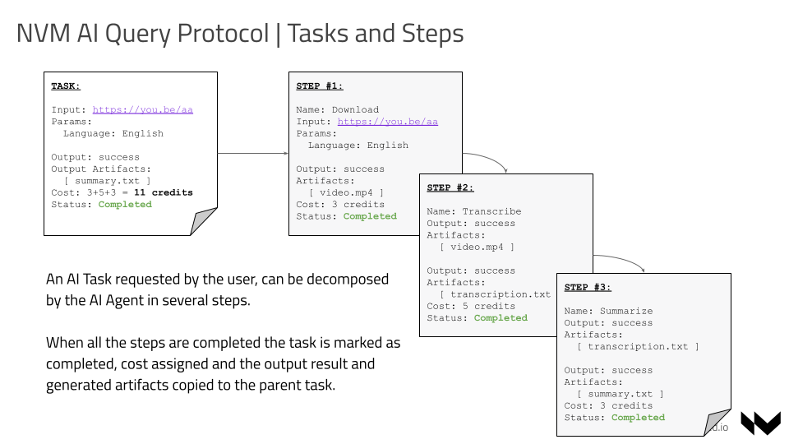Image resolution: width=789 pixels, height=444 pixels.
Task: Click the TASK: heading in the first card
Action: click(66, 86)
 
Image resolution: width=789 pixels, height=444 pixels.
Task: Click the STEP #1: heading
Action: click(320, 86)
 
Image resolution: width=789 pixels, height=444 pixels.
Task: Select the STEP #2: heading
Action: click(450, 187)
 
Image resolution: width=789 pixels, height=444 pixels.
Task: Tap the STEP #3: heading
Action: click(588, 287)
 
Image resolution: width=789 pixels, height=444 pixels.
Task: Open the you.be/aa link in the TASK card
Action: click(142, 110)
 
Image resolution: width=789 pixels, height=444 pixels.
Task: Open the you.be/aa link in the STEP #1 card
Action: click(387, 122)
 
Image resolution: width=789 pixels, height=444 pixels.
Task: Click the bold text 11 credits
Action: click(163, 192)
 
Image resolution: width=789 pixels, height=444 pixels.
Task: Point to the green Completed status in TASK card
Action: click(125, 205)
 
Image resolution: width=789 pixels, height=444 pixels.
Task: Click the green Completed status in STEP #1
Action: click(370, 216)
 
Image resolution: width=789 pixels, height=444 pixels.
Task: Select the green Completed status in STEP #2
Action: click(501, 317)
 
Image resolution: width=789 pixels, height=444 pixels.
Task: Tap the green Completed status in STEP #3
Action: click(638, 417)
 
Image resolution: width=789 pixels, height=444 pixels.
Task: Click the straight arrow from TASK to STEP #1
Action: click(252, 153)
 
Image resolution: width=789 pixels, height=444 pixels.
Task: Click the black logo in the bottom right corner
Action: click(760, 423)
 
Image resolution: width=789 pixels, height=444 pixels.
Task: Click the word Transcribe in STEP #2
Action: click(491, 211)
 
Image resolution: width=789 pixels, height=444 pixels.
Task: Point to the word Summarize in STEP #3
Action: click(625, 311)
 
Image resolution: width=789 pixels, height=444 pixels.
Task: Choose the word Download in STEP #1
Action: click(355, 110)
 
